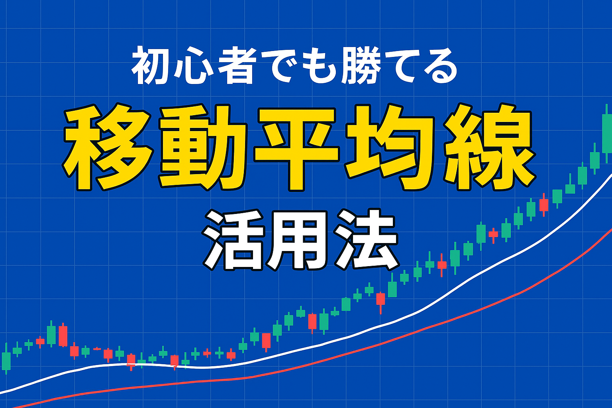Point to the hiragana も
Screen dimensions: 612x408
coord(319,67)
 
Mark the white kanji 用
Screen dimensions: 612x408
coord(300,241)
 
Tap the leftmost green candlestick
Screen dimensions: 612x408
coord(6,358)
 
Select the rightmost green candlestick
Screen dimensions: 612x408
coord(607,131)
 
